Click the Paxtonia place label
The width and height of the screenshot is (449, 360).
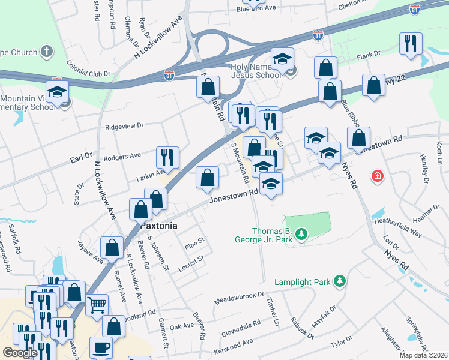(x=160, y=227)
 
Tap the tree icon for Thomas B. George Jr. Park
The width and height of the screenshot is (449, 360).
(x=302, y=233)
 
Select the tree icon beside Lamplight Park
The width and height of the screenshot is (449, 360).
(x=340, y=281)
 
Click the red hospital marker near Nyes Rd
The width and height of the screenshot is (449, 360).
(x=377, y=176)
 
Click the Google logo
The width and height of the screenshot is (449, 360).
(x=20, y=353)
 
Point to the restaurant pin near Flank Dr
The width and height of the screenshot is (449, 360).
(x=411, y=44)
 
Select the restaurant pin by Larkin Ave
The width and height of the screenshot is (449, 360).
(x=167, y=157)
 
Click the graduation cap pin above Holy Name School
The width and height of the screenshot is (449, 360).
(x=282, y=59)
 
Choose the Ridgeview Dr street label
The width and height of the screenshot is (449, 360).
(x=124, y=126)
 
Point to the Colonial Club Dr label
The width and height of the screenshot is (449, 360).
(x=89, y=67)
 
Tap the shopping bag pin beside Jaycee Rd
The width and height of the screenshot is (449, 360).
(x=112, y=247)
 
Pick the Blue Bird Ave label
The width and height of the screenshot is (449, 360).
(x=256, y=9)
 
